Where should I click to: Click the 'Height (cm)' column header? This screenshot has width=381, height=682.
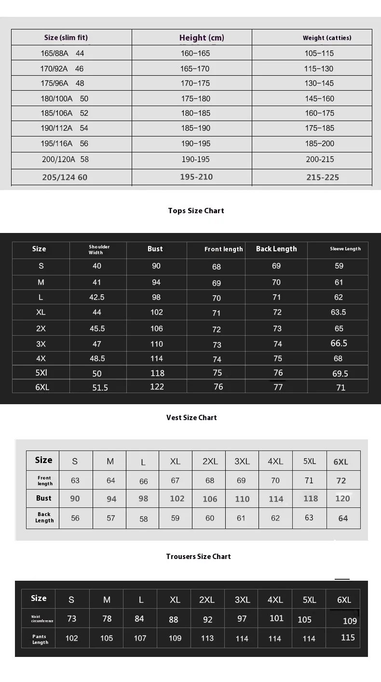pyautogui.click(x=202, y=38)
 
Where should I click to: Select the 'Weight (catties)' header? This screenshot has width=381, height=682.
pyautogui.click(x=327, y=38)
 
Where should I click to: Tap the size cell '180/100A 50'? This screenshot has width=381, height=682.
pyautogui.click(x=65, y=98)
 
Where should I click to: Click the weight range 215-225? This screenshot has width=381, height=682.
pyautogui.click(x=323, y=177)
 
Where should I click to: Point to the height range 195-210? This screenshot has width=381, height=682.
pyautogui.click(x=196, y=177)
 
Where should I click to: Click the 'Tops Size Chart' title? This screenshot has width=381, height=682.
pyautogui.click(x=196, y=210)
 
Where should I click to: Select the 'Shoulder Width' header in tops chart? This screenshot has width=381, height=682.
pyautogui.click(x=99, y=249)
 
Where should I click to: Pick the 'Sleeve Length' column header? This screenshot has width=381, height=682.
pyautogui.click(x=345, y=249)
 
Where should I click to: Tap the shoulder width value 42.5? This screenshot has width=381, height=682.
pyautogui.click(x=97, y=298)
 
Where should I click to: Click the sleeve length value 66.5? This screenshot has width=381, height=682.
pyautogui.click(x=339, y=343)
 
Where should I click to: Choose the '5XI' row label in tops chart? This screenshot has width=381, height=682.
pyautogui.click(x=41, y=373)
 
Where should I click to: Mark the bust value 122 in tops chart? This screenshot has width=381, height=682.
pyautogui.click(x=157, y=387)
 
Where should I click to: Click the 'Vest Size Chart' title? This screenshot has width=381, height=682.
pyautogui.click(x=191, y=418)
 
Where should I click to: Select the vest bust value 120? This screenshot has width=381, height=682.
pyautogui.click(x=342, y=499)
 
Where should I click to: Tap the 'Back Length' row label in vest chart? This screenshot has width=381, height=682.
pyautogui.click(x=44, y=518)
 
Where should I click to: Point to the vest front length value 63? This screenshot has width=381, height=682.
pyautogui.click(x=75, y=480)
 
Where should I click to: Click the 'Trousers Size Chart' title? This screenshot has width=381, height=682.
pyautogui.click(x=198, y=557)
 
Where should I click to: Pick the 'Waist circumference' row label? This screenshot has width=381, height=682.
pyautogui.click(x=42, y=619)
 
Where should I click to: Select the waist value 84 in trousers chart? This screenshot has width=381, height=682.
pyautogui.click(x=139, y=619)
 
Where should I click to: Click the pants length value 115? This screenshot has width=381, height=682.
pyautogui.click(x=348, y=638)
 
